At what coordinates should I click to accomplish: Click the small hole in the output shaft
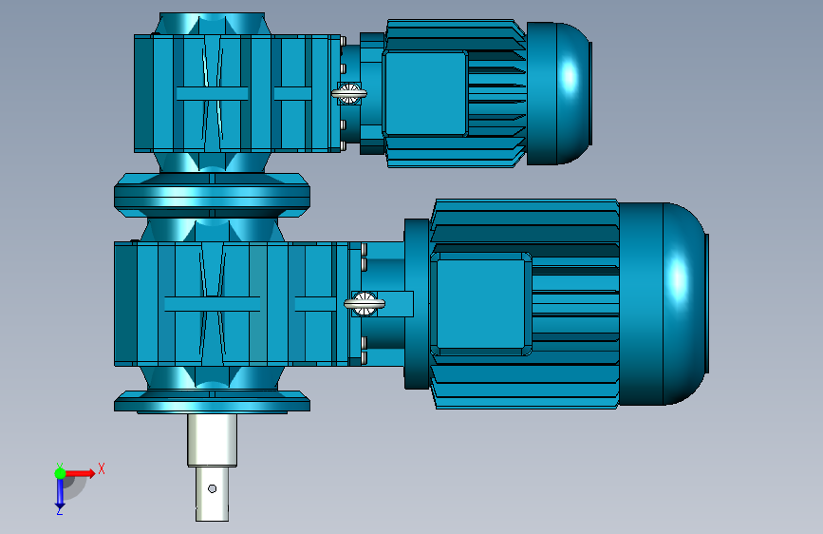coord(212,488)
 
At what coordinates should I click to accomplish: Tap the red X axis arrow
coord(80,473)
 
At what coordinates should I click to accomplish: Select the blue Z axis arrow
coord(60,492)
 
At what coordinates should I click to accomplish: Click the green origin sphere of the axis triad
coord(60,473)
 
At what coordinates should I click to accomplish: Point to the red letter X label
coord(102,468)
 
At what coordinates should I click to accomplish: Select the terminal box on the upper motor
coord(425,93)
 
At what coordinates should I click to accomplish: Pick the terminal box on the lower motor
coord(480,304)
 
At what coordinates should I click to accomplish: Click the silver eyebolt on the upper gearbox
coord(349,93)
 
